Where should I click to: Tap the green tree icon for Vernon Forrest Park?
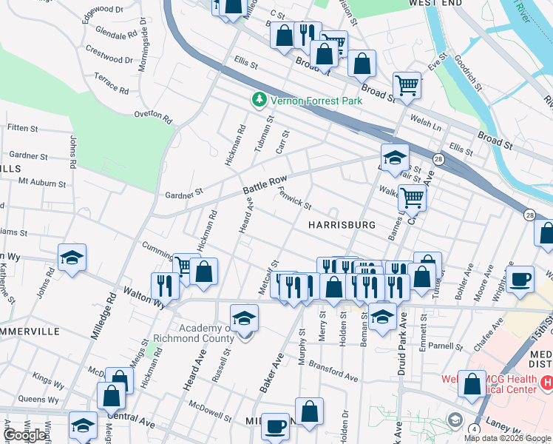tap(259, 99)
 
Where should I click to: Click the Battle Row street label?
tap(265, 186)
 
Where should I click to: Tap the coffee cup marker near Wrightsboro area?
tap(520, 280)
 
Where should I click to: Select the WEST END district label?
tap(435, 4)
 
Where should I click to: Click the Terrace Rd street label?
tap(112, 84)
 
